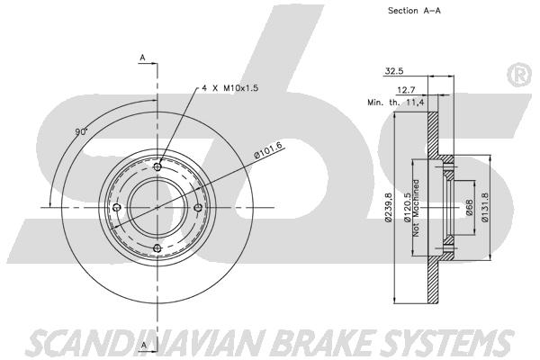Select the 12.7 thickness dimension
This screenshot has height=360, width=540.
tap(406, 90)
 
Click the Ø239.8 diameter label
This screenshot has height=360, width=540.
tap(388, 207)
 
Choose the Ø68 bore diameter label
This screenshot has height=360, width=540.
tap(469, 208)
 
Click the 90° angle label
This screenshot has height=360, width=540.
tap(82, 132)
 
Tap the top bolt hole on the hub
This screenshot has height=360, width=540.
tap(158, 167)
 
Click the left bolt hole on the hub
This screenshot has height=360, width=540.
tap(117, 208)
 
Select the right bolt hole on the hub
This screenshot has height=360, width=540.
tap(198, 207)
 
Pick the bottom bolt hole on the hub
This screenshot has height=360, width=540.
tap(157, 247)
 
